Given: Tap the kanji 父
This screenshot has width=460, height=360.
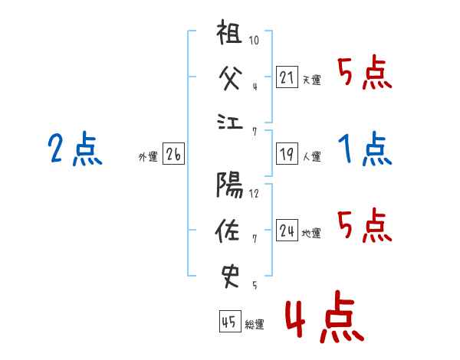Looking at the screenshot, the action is [x=231, y=77].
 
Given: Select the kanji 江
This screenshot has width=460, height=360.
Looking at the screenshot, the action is [x=230, y=122].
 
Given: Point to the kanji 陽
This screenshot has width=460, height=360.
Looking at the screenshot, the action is [x=229, y=185].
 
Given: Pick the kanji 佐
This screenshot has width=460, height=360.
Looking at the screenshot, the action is [x=227, y=231].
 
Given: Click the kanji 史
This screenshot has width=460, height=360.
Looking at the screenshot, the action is [x=230, y=277].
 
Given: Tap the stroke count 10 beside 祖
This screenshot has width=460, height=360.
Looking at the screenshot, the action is [x=254, y=40].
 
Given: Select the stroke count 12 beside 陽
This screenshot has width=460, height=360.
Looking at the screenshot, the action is [x=254, y=194].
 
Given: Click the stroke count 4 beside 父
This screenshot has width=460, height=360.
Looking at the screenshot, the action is [x=255, y=87].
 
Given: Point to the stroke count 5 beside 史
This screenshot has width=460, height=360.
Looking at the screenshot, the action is [x=255, y=285].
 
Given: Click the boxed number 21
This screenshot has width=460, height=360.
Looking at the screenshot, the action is [x=287, y=77].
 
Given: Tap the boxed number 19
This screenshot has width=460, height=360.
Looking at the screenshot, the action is [x=287, y=154].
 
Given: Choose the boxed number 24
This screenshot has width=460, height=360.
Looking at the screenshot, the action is [x=287, y=230].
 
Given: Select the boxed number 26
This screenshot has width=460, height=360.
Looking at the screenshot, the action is [x=173, y=154].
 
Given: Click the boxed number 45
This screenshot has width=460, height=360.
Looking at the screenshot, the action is [x=230, y=321].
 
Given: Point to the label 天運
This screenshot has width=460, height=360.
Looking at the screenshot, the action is [x=311, y=80].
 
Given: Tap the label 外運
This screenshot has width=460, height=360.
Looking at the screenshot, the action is [x=148, y=156].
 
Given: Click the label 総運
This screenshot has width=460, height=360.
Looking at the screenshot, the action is [x=255, y=324].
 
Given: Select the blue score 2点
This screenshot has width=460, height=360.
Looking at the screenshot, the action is [x=75, y=148].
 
